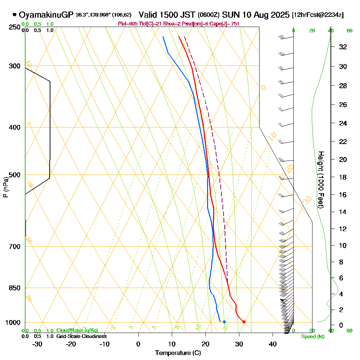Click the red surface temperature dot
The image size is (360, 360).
pos(244,322)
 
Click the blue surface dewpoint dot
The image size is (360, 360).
pos(224,322)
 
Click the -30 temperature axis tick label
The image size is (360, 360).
pos(37,344)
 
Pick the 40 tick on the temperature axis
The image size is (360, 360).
pos(273,344)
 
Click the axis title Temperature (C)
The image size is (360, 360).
pos(178,353)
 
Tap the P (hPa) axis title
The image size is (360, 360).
pos(5,187)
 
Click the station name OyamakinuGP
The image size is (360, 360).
pos(46,15)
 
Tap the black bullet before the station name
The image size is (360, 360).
pos(14,15)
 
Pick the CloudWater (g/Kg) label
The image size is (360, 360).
pos(77,330)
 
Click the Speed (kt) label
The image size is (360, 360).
pos(312,337)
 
